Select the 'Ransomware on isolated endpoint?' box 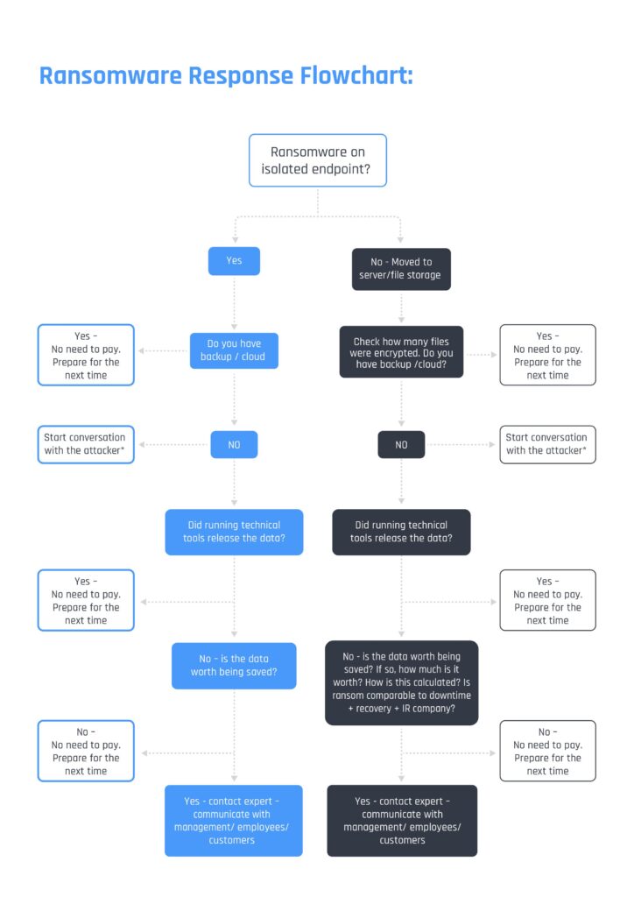click(x=318, y=160)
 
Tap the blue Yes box click(x=234, y=261)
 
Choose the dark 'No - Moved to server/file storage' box click(x=401, y=268)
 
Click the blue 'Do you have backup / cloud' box click(x=234, y=350)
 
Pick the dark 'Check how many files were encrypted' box click(x=401, y=351)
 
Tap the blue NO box click(x=234, y=444)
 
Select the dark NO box click(x=401, y=444)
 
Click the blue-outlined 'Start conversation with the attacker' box click(x=85, y=443)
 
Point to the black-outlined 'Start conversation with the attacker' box click(x=547, y=443)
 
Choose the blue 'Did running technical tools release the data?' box click(x=234, y=532)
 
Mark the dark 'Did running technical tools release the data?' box click(x=401, y=532)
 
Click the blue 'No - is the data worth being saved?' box click(x=234, y=665)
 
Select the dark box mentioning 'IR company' click(x=401, y=682)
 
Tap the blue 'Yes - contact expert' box click(x=234, y=820)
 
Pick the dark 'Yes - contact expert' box click(x=401, y=820)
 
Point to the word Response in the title click(x=240, y=75)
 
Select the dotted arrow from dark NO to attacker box click(x=461, y=444)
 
